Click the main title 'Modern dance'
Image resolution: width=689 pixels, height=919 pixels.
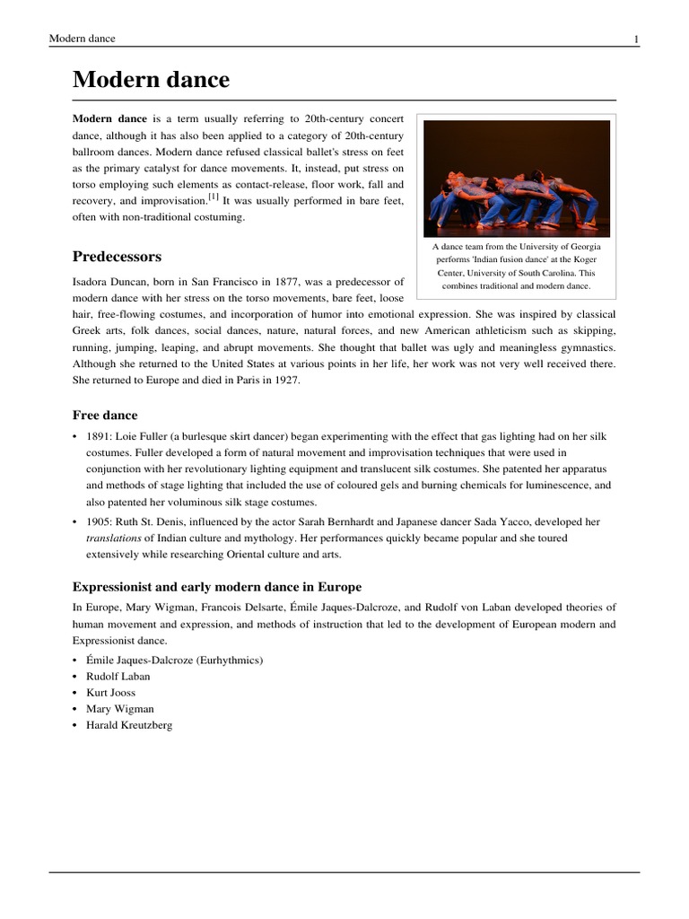[151, 80]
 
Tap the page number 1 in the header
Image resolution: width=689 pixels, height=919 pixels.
[636, 39]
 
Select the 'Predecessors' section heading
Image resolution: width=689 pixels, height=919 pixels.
[117, 257]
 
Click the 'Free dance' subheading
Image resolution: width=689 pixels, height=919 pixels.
[105, 415]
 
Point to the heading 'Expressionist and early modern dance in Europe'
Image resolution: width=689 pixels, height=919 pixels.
[216, 587]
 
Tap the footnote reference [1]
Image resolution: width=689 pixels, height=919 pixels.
[214, 197]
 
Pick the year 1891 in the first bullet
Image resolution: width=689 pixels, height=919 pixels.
[98, 437]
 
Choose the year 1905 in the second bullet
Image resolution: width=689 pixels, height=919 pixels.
[98, 521]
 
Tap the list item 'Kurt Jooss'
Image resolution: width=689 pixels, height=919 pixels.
[112, 693]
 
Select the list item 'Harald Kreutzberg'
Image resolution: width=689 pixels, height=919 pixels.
[128, 725]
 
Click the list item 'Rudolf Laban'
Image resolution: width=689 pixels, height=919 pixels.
[118, 677]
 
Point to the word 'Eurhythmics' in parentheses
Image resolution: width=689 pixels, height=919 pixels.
[229, 661]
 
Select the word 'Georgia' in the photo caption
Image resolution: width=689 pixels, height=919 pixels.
[583, 246]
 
